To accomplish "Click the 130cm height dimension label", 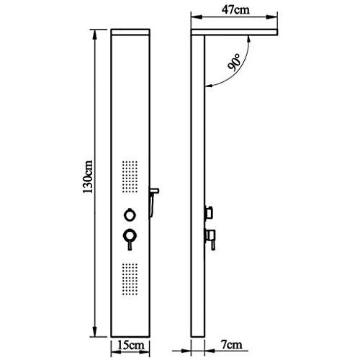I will point(88,176).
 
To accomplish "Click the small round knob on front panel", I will point(129,213).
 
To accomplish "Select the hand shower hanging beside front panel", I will point(153,197).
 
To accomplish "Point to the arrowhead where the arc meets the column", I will point(208,88).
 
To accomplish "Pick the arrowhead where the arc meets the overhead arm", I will point(250,39).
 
